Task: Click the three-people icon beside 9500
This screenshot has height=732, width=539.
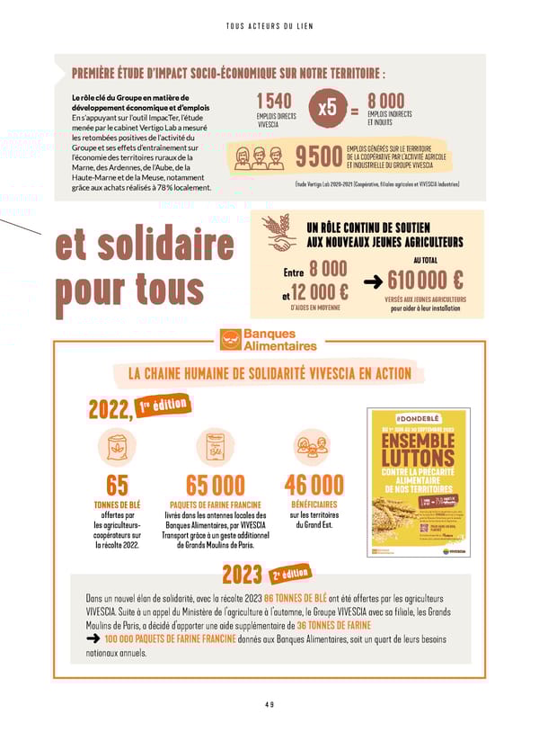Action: pyautogui.click(x=259, y=158)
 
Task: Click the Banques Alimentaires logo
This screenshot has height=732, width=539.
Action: pyautogui.click(x=269, y=341)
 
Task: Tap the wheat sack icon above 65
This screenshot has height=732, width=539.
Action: pyautogui.click(x=117, y=445)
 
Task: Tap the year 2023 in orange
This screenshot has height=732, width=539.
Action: pyautogui.click(x=242, y=575)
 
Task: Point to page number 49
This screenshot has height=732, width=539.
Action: pyautogui.click(x=269, y=704)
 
